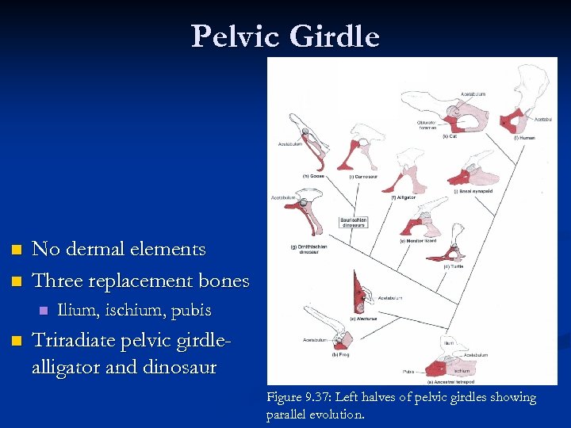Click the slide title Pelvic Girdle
(x=285, y=36)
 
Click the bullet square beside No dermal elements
(x=13, y=250)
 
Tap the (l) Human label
(x=524, y=137)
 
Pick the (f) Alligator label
(x=403, y=197)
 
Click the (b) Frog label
(x=340, y=354)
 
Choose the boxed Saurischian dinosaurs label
(x=354, y=223)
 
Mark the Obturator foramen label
(x=429, y=125)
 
